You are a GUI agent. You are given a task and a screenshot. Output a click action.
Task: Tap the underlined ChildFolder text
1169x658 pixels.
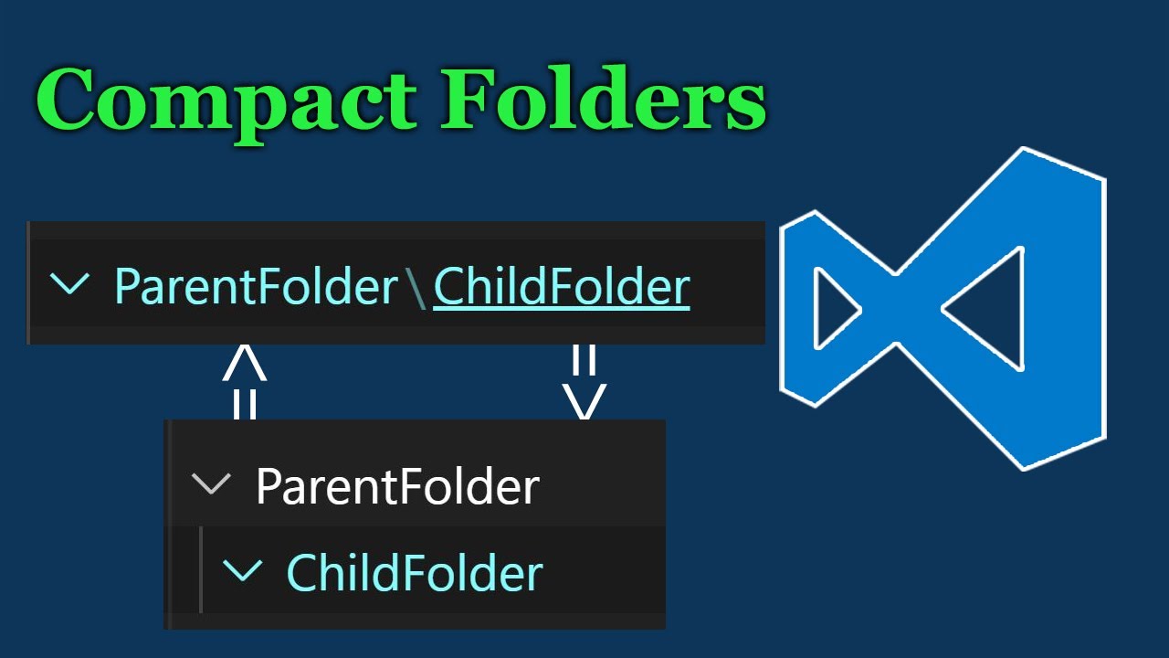(561, 287)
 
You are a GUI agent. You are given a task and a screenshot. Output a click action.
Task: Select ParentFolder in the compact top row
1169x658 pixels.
(257, 287)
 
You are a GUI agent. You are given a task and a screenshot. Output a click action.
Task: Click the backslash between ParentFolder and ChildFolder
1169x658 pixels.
(416, 289)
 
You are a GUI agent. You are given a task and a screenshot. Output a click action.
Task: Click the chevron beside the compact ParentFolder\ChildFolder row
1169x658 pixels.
(69, 284)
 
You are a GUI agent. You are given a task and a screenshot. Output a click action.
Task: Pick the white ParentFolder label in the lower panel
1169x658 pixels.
(397, 486)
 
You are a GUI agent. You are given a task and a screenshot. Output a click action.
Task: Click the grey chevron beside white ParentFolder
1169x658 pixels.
(212, 483)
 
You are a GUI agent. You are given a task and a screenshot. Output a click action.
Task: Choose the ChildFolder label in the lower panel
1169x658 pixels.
(415, 573)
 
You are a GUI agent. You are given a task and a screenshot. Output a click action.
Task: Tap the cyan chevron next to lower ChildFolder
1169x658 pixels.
(242, 571)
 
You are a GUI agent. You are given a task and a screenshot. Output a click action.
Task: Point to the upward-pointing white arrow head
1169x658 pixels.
(245, 363)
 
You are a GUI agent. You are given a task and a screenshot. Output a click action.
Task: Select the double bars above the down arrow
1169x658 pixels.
(584, 359)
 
